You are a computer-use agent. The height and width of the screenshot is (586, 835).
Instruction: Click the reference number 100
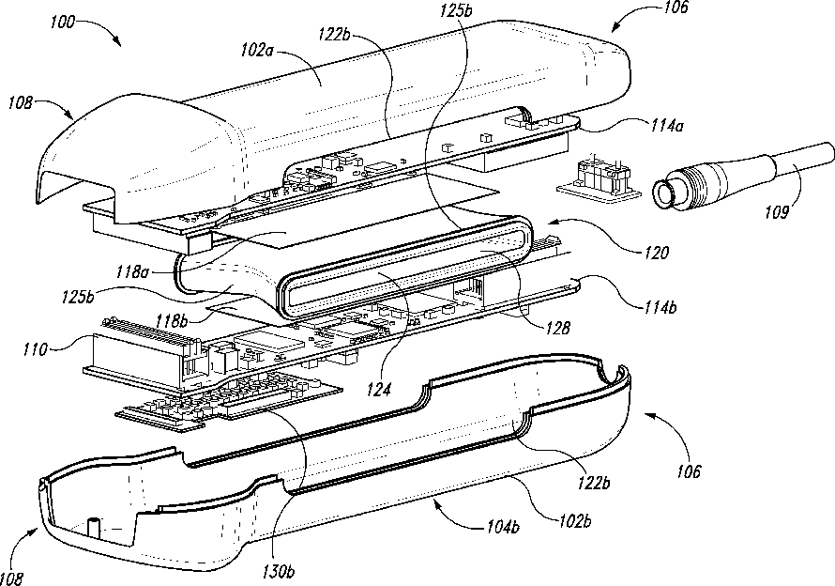62,23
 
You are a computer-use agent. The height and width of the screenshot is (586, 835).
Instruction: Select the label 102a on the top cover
258,50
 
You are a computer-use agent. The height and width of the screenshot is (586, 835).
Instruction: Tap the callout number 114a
666,126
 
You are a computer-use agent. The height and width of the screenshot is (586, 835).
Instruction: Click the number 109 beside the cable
777,211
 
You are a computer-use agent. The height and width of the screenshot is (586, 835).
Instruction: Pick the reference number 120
655,252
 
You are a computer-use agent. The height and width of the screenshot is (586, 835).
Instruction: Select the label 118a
132,272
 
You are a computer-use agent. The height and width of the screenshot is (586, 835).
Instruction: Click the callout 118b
173,320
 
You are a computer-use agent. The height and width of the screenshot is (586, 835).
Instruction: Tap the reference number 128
557,328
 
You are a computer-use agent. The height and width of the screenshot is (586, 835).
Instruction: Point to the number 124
379,389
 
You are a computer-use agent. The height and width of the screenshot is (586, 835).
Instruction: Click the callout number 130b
278,572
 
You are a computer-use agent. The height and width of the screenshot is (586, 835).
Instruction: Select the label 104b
503,528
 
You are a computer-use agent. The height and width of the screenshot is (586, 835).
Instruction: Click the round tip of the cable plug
663,195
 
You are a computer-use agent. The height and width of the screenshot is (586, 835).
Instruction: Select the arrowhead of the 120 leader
551,223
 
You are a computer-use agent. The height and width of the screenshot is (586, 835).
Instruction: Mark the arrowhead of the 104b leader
437,502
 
